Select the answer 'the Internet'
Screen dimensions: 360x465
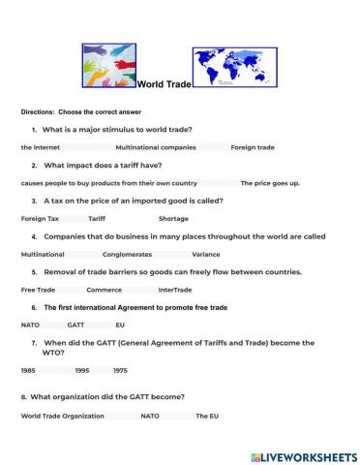(41, 147)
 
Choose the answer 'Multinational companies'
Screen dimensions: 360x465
(156, 147)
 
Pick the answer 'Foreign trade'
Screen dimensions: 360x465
(253, 147)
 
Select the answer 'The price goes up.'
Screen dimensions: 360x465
(270, 183)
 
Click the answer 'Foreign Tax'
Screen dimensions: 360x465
(41, 219)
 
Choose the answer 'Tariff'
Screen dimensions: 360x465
(97, 219)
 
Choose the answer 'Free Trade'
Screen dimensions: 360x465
(39, 290)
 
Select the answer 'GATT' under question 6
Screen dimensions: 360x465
(76, 325)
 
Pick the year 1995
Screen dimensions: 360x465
(82, 370)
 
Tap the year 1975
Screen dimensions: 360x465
(120, 370)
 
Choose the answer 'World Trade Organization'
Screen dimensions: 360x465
(60, 416)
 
